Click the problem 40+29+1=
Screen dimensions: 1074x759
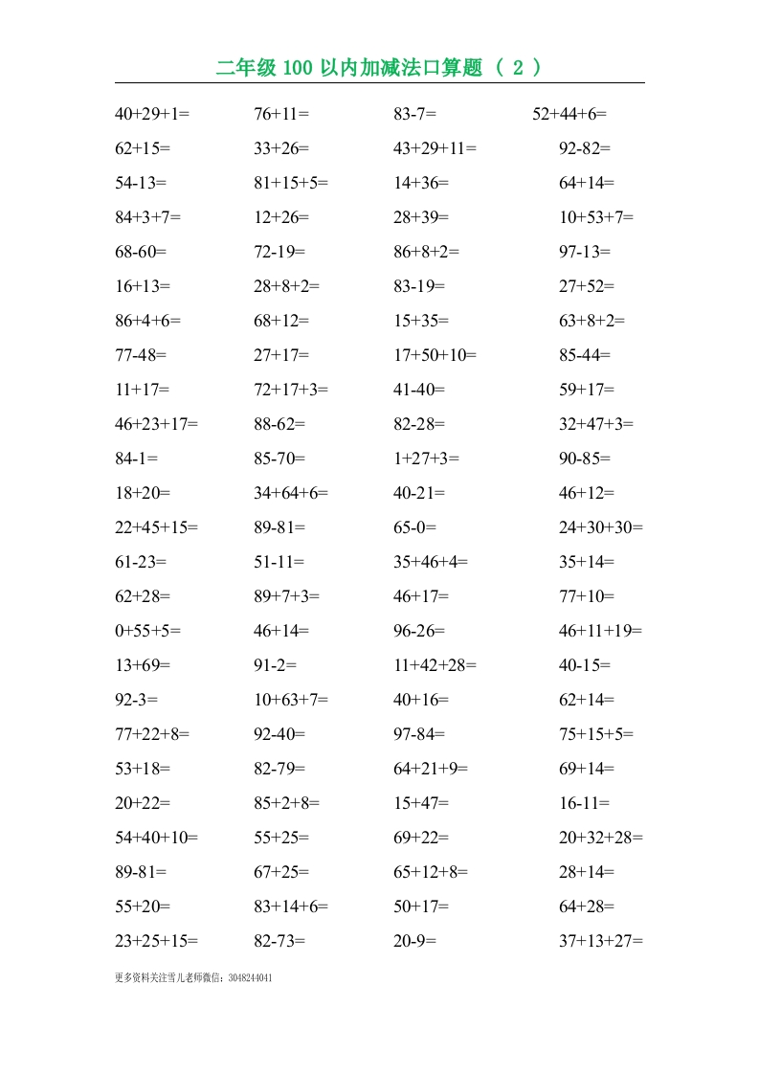(x=152, y=114)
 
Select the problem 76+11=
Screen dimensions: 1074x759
(x=281, y=114)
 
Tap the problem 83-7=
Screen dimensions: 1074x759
(x=414, y=114)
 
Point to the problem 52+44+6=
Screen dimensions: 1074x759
(x=569, y=114)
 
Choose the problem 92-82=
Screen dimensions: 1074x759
(x=585, y=148)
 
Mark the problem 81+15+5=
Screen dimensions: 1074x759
(x=291, y=183)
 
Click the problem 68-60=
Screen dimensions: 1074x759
(x=141, y=252)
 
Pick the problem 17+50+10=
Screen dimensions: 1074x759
(x=435, y=355)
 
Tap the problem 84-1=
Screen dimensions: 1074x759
(x=136, y=459)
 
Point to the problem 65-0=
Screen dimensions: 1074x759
(x=414, y=527)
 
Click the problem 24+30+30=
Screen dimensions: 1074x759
(x=601, y=527)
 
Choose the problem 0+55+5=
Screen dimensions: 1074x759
(x=147, y=631)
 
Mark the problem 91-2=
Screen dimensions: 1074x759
(x=276, y=665)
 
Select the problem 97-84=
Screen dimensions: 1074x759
(x=419, y=734)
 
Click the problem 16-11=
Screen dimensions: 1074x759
(x=585, y=803)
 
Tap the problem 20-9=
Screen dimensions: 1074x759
(x=414, y=941)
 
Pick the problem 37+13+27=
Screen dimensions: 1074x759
(x=601, y=941)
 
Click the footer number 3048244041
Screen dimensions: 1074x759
(x=257, y=978)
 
